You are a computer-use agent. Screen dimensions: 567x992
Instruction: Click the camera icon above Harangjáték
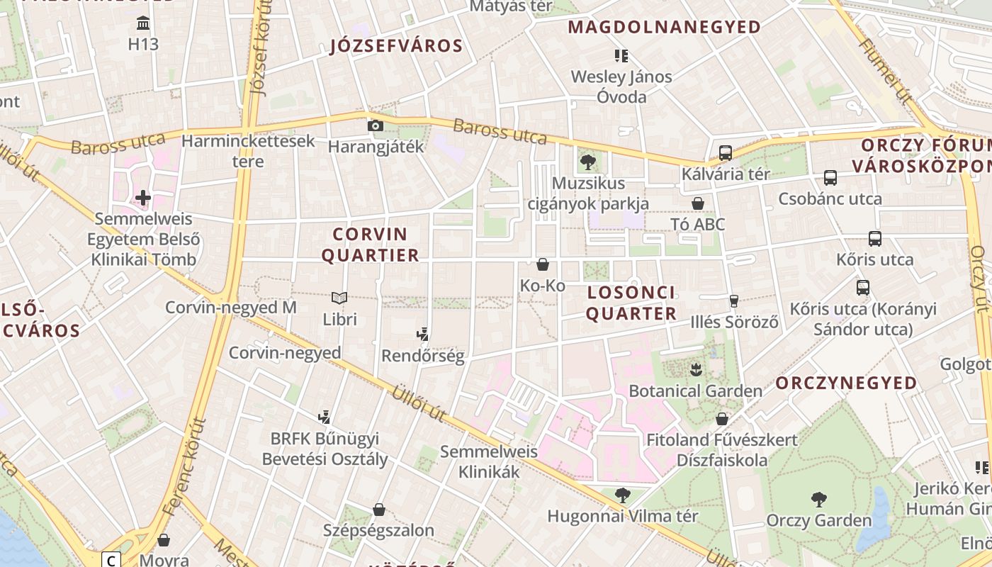tap(376, 126)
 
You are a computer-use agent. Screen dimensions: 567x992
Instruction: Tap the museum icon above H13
tap(144, 23)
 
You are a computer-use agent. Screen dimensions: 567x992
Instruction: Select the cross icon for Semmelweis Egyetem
tap(143, 197)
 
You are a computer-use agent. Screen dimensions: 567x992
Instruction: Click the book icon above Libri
tap(339, 298)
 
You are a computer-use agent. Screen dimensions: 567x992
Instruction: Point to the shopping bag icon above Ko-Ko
tap(543, 264)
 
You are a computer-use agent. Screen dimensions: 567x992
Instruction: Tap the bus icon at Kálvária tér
tap(725, 152)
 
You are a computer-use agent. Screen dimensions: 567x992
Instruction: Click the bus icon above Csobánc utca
tap(830, 177)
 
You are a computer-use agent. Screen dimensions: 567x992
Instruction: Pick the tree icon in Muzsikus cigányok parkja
tap(587, 162)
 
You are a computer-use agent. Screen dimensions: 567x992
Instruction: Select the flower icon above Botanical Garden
tap(695, 369)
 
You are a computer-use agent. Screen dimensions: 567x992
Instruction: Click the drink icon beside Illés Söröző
tap(733, 301)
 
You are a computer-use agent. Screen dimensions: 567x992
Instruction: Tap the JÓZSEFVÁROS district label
tap(397, 47)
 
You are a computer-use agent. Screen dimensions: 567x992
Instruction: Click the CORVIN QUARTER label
tap(371, 245)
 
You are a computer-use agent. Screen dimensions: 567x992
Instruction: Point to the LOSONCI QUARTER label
tap(631, 303)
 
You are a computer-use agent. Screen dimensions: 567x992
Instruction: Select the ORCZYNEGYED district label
tap(846, 383)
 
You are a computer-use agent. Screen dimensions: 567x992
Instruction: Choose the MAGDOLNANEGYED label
tap(665, 28)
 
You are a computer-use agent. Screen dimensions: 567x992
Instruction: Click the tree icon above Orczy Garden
tap(818, 500)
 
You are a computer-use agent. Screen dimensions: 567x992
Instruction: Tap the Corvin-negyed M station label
tap(230, 308)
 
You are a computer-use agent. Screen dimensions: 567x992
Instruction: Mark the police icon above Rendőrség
tap(423, 334)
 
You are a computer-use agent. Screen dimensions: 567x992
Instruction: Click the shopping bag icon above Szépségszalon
tap(379, 510)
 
